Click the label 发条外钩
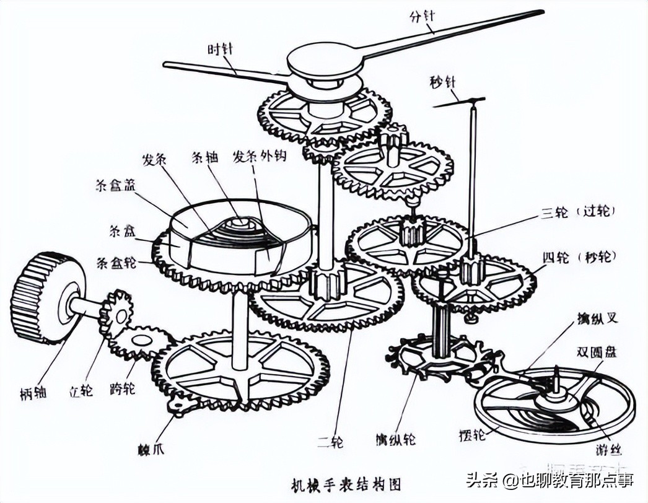[259, 157]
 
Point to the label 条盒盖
[115, 185]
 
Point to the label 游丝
[611, 450]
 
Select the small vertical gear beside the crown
[116, 313]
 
